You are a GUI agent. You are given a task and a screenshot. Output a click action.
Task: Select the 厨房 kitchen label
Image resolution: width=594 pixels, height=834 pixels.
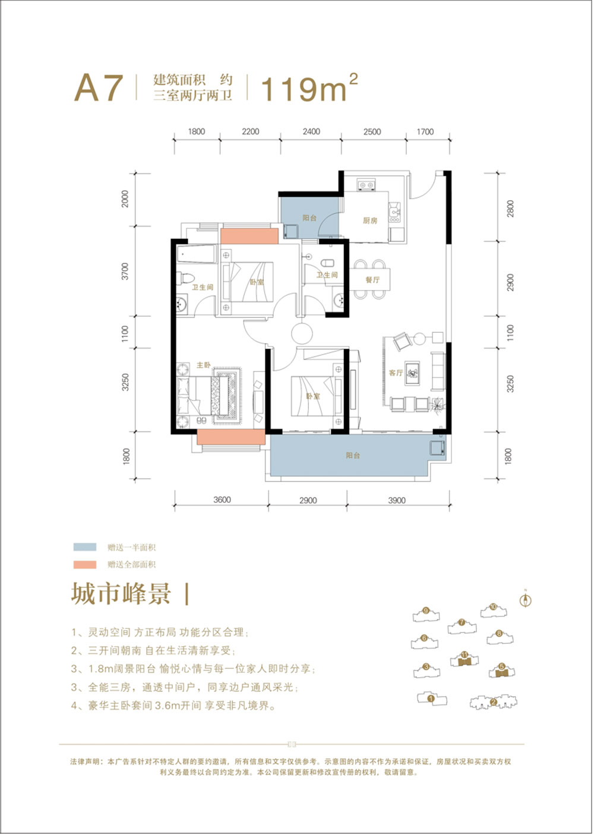(x=370, y=221)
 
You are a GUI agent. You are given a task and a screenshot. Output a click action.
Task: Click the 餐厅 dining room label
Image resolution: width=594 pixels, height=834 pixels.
(x=372, y=279)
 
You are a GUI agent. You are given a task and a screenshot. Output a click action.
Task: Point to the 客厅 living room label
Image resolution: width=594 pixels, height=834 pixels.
(x=396, y=373)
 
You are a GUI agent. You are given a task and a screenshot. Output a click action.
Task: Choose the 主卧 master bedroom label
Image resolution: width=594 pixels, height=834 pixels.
(x=204, y=365)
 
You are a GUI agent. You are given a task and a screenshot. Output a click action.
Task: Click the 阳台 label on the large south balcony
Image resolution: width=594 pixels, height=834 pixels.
(x=353, y=456)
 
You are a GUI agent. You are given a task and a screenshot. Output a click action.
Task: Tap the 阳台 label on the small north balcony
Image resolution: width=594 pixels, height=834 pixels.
(x=309, y=218)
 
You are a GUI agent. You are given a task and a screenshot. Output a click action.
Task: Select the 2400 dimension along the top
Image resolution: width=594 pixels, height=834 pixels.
(x=311, y=132)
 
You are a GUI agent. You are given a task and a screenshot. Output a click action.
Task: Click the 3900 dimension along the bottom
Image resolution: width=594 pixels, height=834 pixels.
(x=397, y=501)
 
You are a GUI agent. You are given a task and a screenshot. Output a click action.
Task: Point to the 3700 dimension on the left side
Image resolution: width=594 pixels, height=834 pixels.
(x=125, y=272)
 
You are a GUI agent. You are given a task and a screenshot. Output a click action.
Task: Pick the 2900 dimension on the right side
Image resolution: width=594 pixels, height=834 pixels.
(x=510, y=282)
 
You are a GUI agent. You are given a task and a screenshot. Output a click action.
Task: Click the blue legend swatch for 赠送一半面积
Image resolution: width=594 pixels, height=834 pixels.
(x=85, y=547)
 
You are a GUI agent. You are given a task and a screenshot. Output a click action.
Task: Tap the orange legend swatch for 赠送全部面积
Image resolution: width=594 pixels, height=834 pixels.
(x=85, y=564)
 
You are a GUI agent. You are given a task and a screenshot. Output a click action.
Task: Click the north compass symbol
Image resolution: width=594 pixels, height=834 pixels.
(x=525, y=600)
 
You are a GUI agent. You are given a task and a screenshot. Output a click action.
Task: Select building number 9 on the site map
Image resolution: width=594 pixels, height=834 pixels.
(x=426, y=610)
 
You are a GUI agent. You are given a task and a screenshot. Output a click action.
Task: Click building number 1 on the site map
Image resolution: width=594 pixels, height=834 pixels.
(x=431, y=699)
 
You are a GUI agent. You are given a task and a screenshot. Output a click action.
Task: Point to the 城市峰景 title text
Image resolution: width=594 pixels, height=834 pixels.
(x=121, y=594)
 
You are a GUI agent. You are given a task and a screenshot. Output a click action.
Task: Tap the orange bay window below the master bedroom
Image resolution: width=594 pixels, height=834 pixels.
(x=230, y=437)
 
